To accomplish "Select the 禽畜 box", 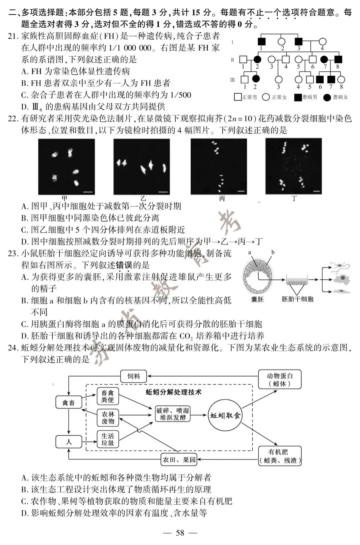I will tap(68, 403).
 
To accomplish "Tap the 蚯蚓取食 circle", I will tap(225, 416).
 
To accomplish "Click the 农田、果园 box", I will tap(179, 460).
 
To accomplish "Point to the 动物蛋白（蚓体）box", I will tap(280, 380).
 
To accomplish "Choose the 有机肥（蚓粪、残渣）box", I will tap(280, 456).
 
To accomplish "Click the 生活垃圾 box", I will tap(108, 439).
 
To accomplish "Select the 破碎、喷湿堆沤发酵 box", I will tap(173, 414).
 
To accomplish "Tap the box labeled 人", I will tap(68, 442).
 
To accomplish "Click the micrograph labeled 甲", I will tap(66, 166).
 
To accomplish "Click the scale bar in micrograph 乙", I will tap(163, 192).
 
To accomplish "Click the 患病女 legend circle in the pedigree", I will tap(327, 97).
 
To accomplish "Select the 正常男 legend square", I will tap(238, 97).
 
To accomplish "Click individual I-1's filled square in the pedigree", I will tap(262, 42).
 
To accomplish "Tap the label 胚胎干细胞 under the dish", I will tap(297, 299).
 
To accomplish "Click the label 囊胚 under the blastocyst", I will tap(257, 299).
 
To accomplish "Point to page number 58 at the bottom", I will tap(180, 533).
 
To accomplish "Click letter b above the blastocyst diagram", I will tap(273, 252).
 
